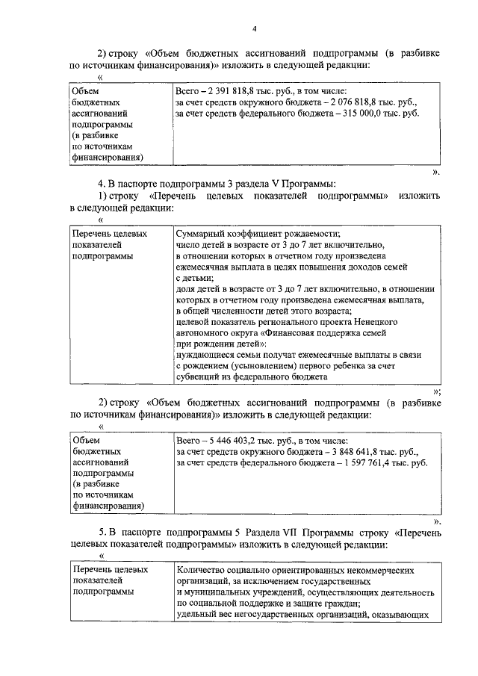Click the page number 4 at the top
point(254,28)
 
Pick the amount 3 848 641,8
point(350,452)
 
